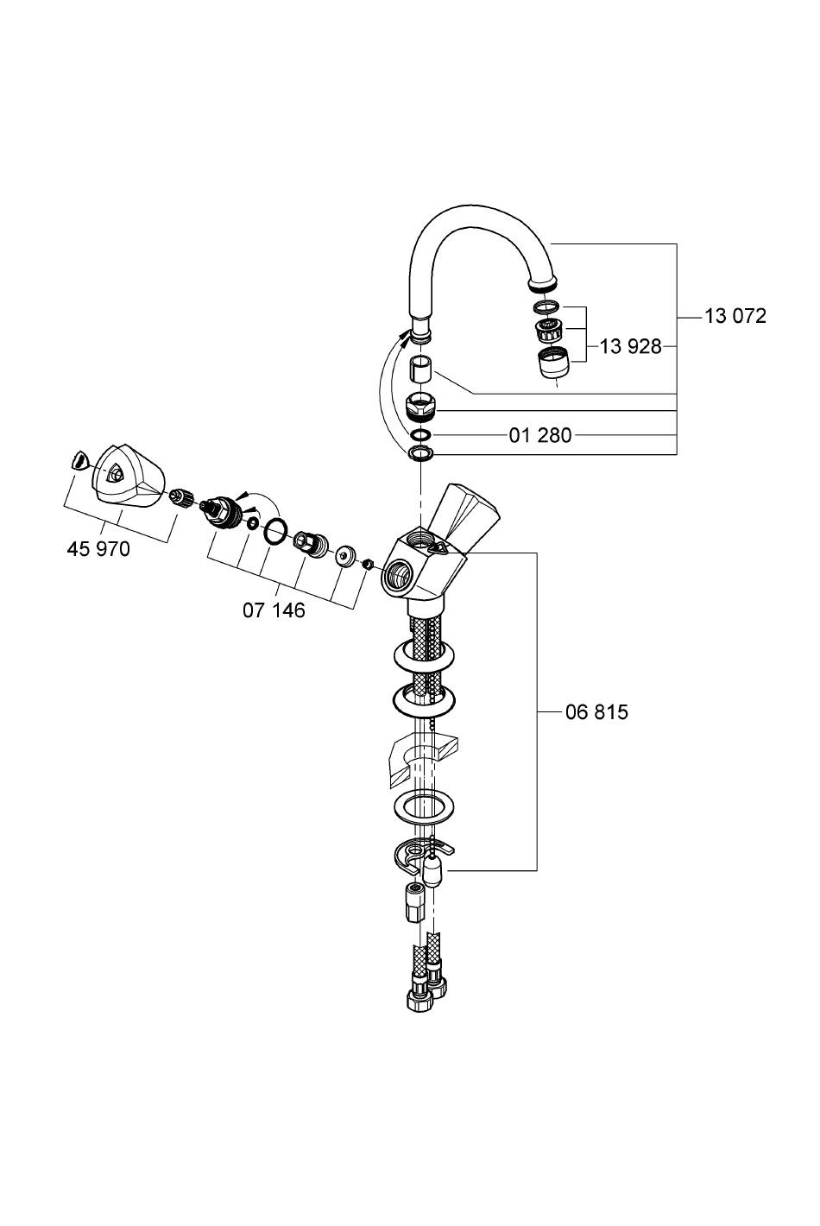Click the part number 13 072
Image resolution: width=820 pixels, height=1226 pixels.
735,316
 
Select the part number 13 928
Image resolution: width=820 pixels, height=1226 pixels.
630,347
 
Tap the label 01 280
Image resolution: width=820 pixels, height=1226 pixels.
540,435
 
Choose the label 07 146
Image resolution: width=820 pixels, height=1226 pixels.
274,610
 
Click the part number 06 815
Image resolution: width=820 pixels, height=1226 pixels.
596,712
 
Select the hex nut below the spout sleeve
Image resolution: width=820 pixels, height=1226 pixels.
421,404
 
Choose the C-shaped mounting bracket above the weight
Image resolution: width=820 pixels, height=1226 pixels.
415,855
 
